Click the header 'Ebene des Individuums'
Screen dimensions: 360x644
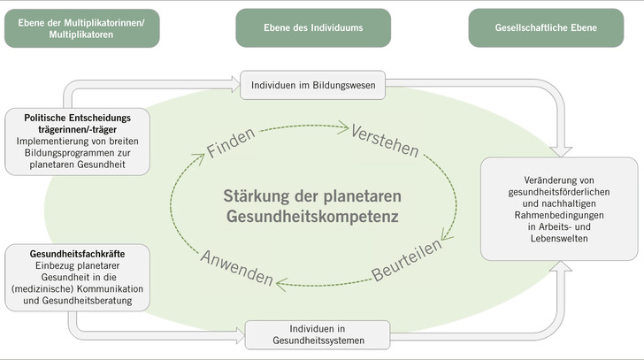click(313, 27)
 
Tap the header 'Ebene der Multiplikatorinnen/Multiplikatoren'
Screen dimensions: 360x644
click(82, 27)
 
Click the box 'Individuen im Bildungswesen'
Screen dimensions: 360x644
click(313, 85)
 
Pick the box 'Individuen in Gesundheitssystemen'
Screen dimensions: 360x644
click(318, 334)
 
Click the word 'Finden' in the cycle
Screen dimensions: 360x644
click(231, 144)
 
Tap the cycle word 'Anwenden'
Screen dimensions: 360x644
click(236, 266)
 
